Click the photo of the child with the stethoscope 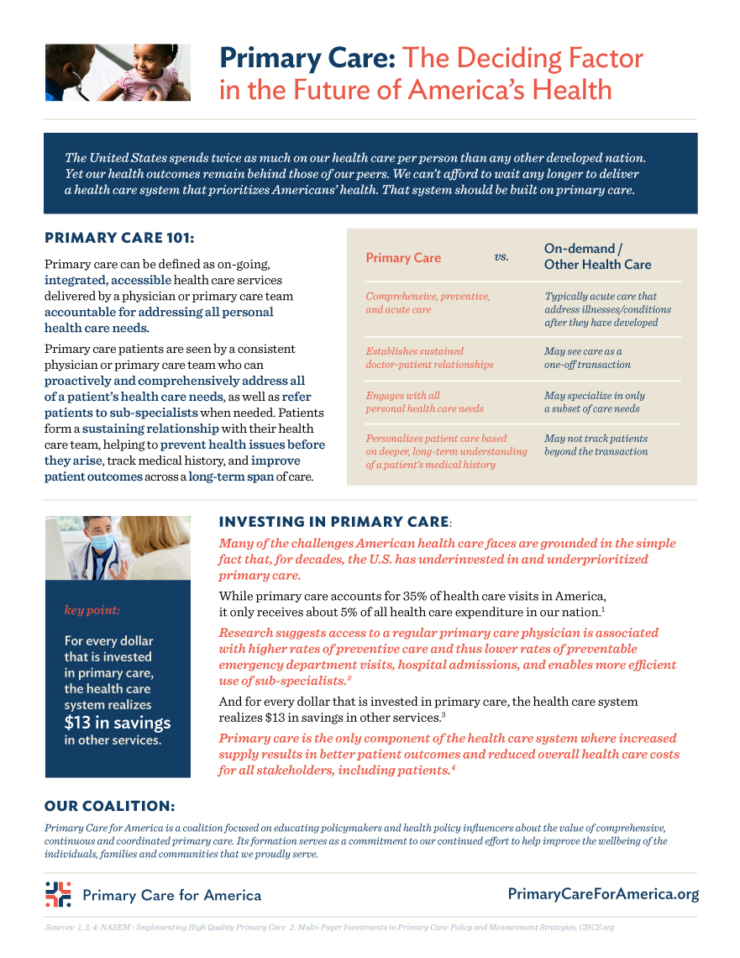coord(117,73)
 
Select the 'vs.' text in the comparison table coord(501,256)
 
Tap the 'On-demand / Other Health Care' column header coord(597,257)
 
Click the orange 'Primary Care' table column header coord(403,258)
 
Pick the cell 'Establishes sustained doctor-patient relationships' coord(429,358)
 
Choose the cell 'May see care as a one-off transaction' coord(587,358)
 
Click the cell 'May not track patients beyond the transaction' coord(596,445)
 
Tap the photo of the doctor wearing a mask coord(117,548)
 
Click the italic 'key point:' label coord(92,610)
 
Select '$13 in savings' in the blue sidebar coord(118,723)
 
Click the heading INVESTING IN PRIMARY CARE coord(333,522)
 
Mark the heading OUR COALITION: coord(109,806)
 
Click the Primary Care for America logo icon coord(58,894)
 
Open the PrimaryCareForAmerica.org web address coord(603,894)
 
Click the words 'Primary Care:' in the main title coord(307,59)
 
